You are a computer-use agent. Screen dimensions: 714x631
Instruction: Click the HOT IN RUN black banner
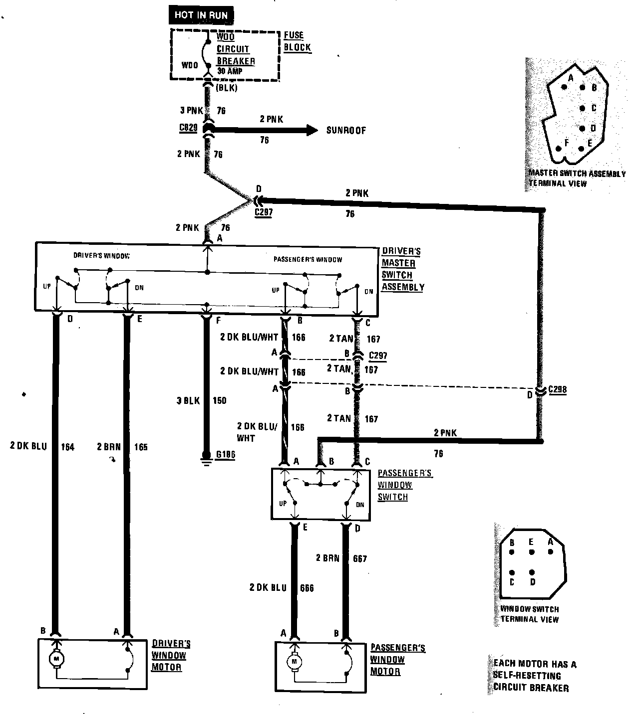[x=201, y=15]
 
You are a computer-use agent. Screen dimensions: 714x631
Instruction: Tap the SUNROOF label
[x=346, y=131]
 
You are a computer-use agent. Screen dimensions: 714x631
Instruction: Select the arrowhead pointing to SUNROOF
[x=312, y=131]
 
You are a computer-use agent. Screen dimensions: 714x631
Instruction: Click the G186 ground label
[x=225, y=455]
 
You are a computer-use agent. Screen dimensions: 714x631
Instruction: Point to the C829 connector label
[x=188, y=128]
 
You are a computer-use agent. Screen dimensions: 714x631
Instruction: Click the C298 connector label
[x=557, y=390]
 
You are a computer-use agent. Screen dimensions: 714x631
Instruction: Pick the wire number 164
[x=67, y=447]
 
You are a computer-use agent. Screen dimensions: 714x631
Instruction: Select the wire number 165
[x=141, y=447]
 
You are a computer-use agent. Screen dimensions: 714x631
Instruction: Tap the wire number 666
[x=307, y=588]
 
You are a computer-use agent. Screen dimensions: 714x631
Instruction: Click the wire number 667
[x=359, y=558]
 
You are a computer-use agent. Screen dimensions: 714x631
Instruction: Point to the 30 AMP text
[x=229, y=71]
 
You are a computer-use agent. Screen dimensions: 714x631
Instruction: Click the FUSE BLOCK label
[x=297, y=41]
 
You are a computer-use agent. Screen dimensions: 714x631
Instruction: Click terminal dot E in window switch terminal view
[x=532, y=552]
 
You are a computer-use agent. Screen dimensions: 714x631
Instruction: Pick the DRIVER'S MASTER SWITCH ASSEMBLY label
[x=402, y=269]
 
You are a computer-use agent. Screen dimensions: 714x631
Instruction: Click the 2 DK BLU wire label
[x=28, y=446]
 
